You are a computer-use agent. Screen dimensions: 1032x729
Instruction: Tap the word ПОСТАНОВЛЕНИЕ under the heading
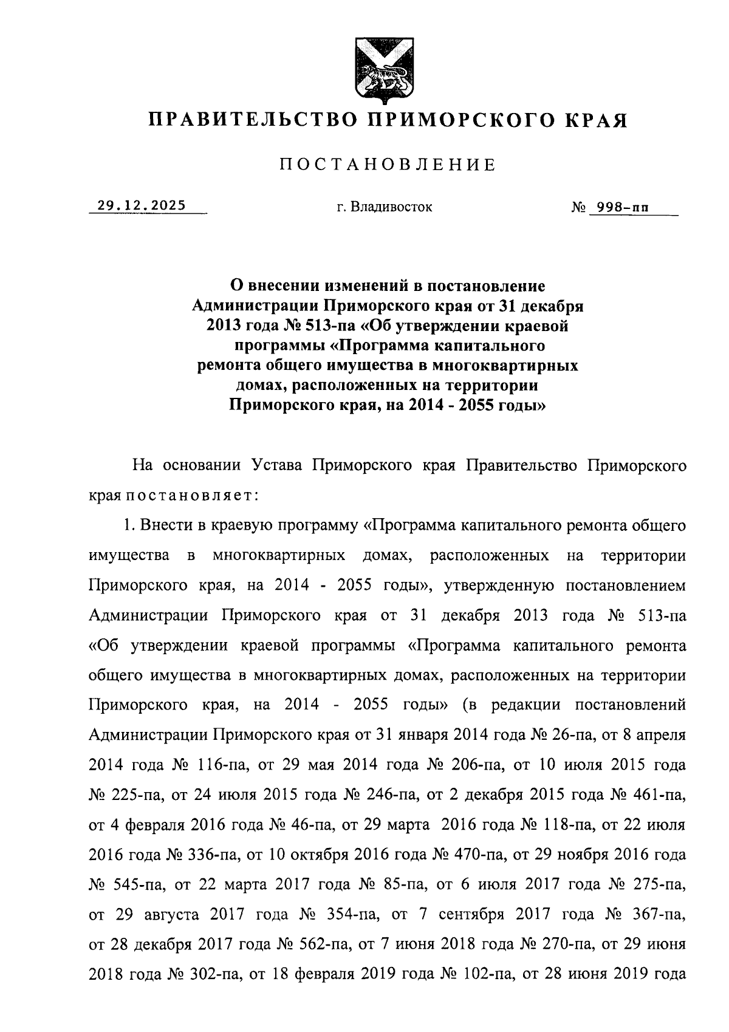tap(388, 165)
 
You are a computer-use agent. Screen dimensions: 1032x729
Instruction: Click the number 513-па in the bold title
tap(327, 326)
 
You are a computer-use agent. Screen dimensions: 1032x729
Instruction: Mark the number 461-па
tap(659, 795)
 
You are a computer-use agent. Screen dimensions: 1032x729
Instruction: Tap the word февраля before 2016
tap(157, 825)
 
